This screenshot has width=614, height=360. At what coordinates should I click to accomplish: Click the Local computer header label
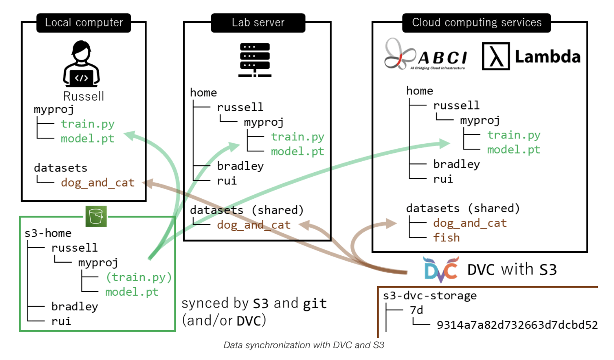(84, 23)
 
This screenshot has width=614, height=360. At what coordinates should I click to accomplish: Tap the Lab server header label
(258, 23)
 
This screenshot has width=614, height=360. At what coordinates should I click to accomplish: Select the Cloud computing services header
(476, 23)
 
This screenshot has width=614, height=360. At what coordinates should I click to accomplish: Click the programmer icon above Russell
(82, 64)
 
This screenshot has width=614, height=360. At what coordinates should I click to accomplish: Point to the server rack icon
(255, 60)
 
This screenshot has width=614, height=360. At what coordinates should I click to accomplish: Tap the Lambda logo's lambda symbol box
(496, 57)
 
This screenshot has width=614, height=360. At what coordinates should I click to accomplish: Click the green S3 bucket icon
(96, 216)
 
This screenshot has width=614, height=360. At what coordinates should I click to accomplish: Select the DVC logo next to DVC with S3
(441, 269)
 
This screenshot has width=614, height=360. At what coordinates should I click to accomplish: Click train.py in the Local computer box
(87, 124)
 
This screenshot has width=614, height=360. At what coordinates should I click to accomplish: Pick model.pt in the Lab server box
(297, 151)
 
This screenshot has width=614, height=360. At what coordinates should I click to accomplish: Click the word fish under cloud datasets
(446, 238)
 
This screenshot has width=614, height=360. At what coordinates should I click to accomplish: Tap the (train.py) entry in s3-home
(139, 277)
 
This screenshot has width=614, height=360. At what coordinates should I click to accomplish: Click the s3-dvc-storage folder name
(430, 296)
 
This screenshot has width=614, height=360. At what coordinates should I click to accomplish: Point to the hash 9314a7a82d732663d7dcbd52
(517, 325)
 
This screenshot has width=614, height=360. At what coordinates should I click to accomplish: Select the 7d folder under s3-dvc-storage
(416, 310)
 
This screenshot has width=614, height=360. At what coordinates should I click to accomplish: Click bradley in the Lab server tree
(240, 166)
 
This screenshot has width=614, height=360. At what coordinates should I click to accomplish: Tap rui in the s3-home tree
(61, 321)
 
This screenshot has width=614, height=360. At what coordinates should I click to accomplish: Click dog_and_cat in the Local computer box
(98, 183)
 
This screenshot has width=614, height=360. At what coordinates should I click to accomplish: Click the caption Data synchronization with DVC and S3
(304, 345)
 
